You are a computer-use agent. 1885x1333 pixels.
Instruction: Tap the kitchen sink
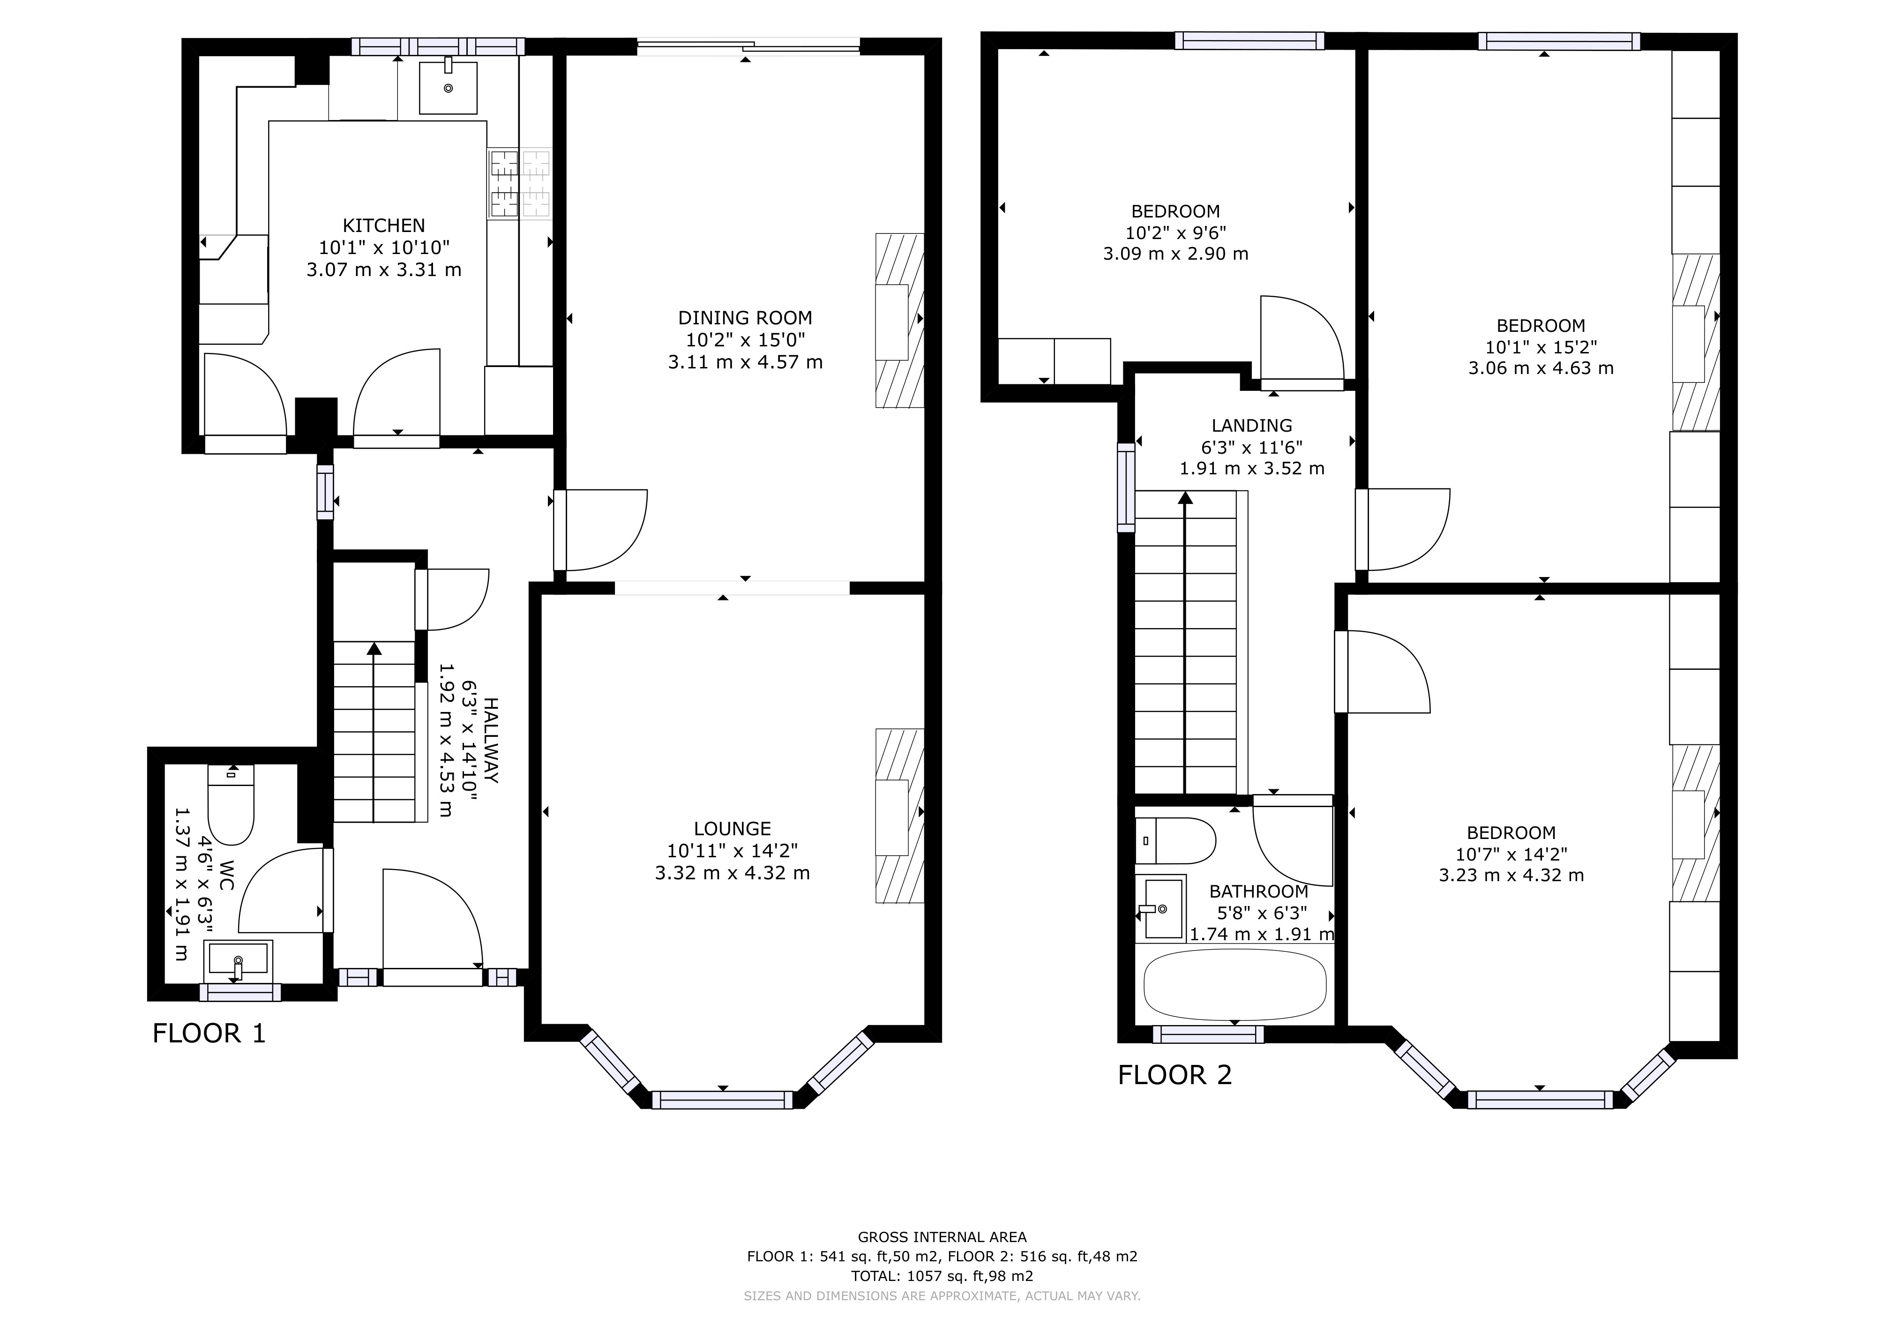(448, 86)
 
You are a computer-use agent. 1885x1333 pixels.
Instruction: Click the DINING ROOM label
(745, 318)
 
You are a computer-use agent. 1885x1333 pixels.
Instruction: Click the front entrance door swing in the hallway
(431, 919)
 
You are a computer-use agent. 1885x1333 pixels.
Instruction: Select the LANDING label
(1251, 425)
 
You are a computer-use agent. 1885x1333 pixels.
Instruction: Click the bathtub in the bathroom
(1234, 985)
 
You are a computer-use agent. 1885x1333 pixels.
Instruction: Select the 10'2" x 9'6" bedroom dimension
(1175, 232)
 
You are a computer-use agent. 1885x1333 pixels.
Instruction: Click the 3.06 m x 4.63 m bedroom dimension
(1540, 368)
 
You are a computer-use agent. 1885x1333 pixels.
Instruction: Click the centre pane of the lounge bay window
(723, 1100)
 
